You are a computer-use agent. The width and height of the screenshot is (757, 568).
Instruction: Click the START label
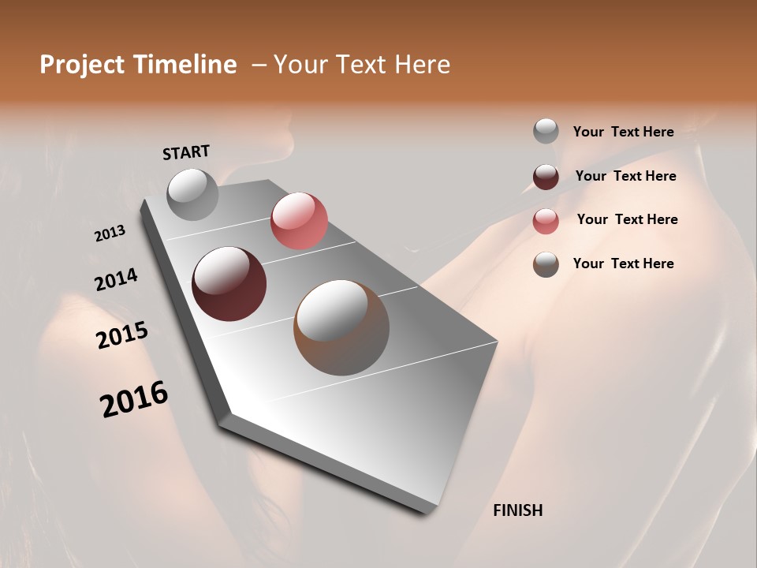coord(186,152)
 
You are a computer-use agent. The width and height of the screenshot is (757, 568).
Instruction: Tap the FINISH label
coord(517,510)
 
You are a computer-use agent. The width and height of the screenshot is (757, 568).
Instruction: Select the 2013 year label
coord(110,234)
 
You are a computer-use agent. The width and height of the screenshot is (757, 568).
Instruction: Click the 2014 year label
coord(116,280)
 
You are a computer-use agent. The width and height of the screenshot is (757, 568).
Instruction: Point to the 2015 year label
coord(121,335)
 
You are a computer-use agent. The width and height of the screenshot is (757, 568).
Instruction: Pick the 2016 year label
coord(134,398)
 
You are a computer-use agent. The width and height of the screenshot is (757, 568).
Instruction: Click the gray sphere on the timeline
coord(192,194)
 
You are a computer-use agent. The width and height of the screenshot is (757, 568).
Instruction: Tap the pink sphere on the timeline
coord(299,221)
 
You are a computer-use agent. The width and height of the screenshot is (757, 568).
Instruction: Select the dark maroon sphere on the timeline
coord(229,284)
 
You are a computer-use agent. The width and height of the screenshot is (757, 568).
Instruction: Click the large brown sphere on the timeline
coord(341,327)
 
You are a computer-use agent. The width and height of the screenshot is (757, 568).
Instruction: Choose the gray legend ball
coord(546,131)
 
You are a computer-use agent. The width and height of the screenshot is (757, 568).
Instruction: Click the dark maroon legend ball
coord(546,177)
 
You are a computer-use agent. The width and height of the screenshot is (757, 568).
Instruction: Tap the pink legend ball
coord(546,221)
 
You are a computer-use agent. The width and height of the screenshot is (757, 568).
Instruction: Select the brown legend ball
coord(546,264)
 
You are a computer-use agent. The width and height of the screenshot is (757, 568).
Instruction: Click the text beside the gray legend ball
coord(623,132)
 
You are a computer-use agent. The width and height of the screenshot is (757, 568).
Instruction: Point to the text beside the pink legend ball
coord(627,219)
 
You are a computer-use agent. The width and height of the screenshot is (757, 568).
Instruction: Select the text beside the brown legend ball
coord(623,263)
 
